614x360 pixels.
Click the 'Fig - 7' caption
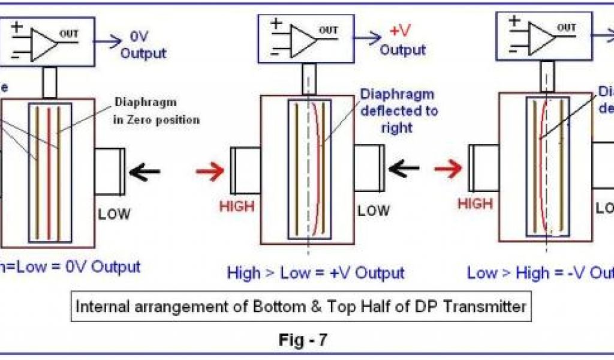click(x=303, y=340)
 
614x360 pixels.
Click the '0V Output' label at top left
click(x=143, y=45)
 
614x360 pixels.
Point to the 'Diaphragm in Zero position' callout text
click(x=155, y=112)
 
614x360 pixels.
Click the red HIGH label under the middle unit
click(x=237, y=206)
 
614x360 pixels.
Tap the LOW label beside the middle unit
click(x=374, y=211)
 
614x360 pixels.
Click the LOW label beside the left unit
click(x=115, y=214)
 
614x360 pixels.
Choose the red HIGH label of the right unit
click(x=475, y=204)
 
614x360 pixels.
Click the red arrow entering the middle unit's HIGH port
click(x=209, y=172)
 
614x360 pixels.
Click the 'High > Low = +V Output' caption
click(x=316, y=274)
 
